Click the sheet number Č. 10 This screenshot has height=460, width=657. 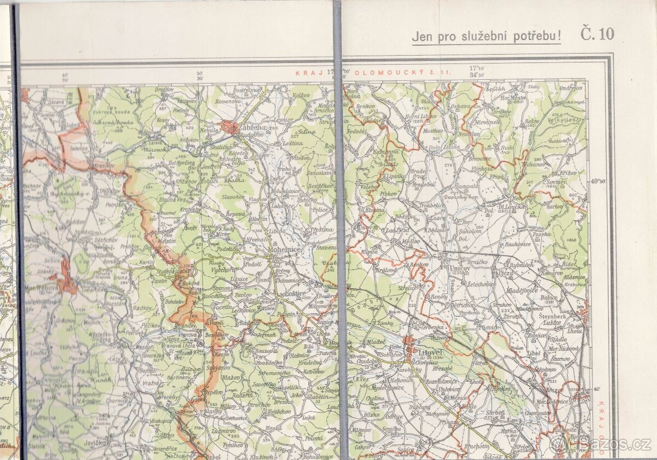point(597,34)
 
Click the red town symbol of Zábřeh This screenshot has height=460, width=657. point(230,128)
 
